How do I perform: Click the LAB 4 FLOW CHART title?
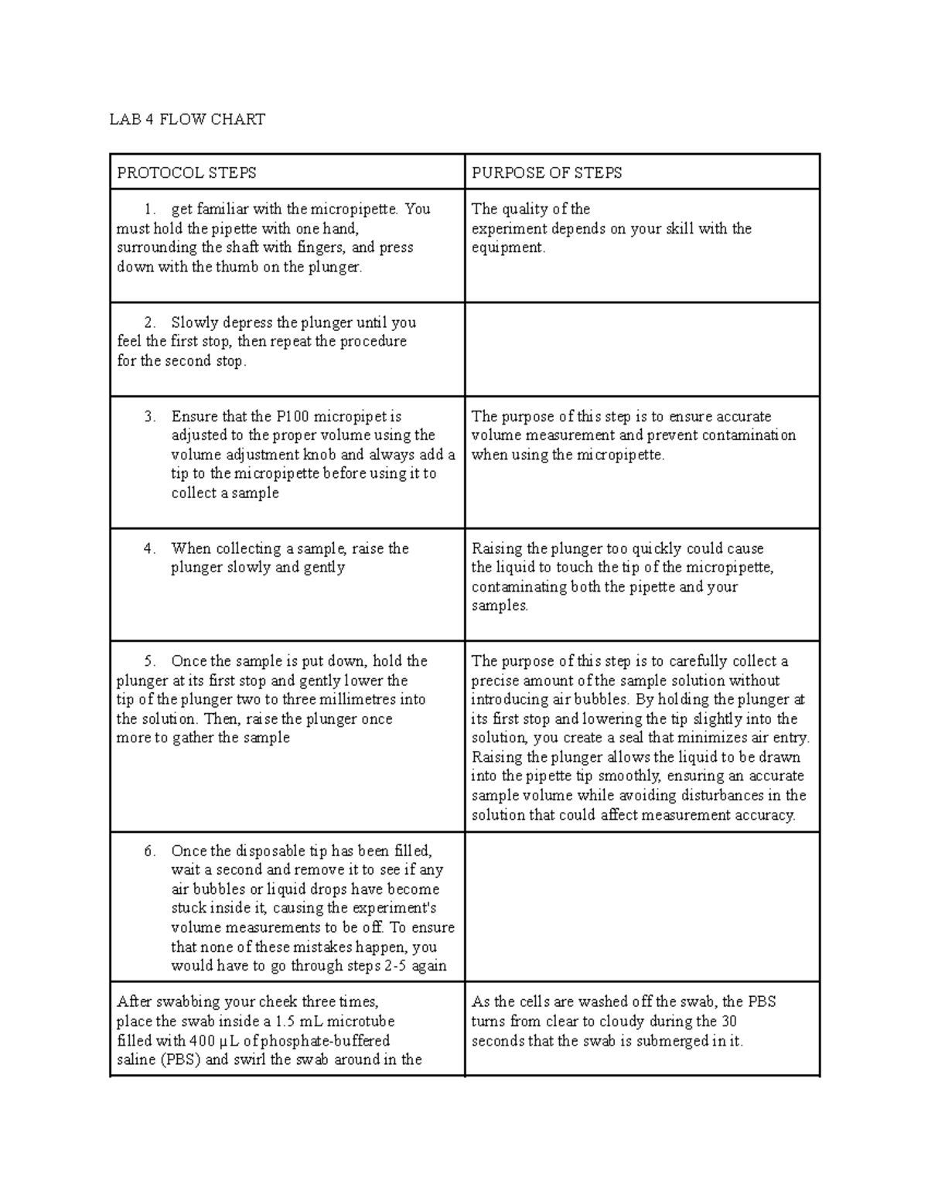(x=187, y=119)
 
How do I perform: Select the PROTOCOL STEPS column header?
(x=186, y=172)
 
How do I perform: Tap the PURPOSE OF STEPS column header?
(x=547, y=172)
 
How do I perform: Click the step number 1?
(x=149, y=209)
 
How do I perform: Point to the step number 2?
(x=149, y=322)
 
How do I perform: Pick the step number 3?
(x=149, y=417)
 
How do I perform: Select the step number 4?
(x=149, y=548)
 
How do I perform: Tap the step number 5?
(x=149, y=661)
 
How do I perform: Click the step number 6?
(x=149, y=851)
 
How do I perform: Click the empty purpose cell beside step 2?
(x=642, y=350)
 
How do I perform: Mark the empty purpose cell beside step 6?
(x=642, y=907)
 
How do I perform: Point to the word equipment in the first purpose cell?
(x=507, y=247)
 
